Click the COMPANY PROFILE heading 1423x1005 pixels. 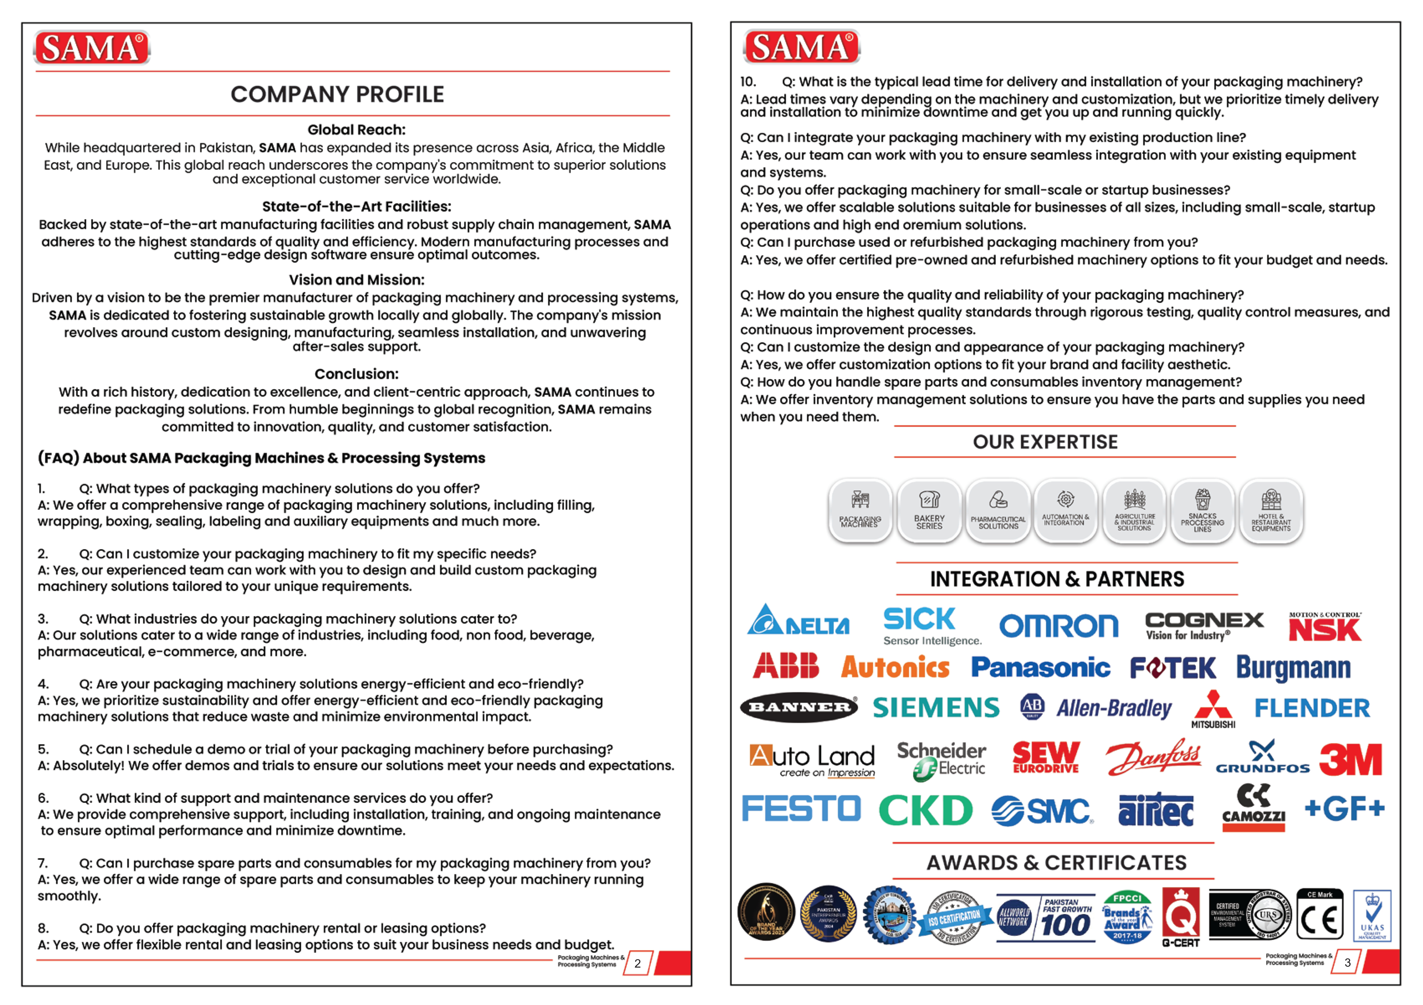point(337,94)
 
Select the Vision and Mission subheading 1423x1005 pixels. point(356,280)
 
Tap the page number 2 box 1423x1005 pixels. point(637,963)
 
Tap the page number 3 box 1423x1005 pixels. point(1347,962)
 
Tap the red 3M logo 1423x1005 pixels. point(1350,760)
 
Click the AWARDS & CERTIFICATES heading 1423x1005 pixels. point(1056,862)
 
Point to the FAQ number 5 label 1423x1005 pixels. point(43,749)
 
